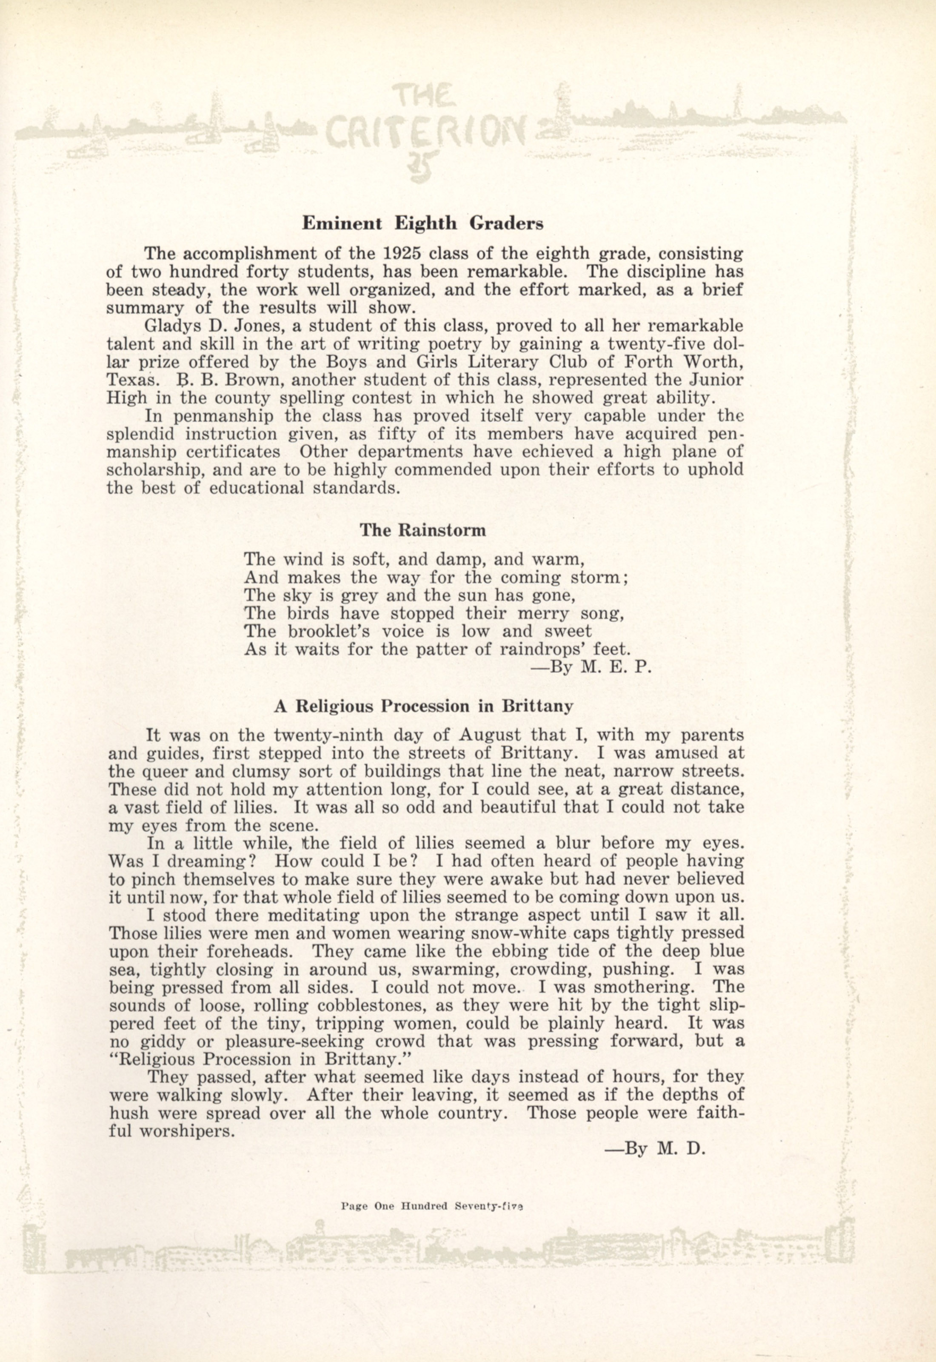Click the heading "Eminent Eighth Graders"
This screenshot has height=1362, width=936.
(422, 223)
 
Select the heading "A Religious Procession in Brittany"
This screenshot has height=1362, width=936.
(423, 706)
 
